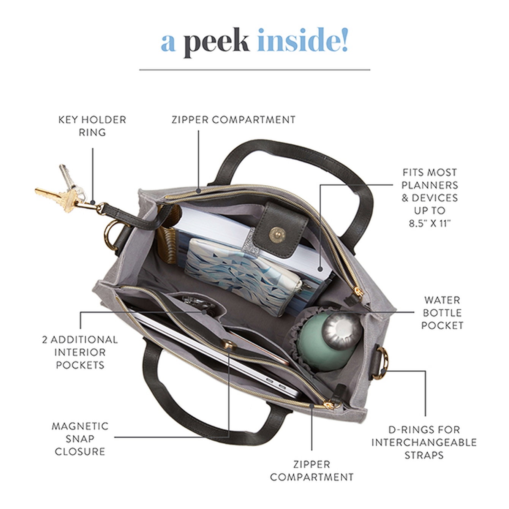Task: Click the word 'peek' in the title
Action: (x=217, y=43)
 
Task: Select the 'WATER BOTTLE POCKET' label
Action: (x=442, y=313)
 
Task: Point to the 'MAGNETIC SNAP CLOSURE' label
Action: (x=80, y=439)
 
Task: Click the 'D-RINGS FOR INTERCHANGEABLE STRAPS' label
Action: (x=424, y=442)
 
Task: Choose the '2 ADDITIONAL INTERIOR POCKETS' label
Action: (x=80, y=352)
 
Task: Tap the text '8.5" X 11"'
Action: (x=429, y=223)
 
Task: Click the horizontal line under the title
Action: (x=254, y=70)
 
